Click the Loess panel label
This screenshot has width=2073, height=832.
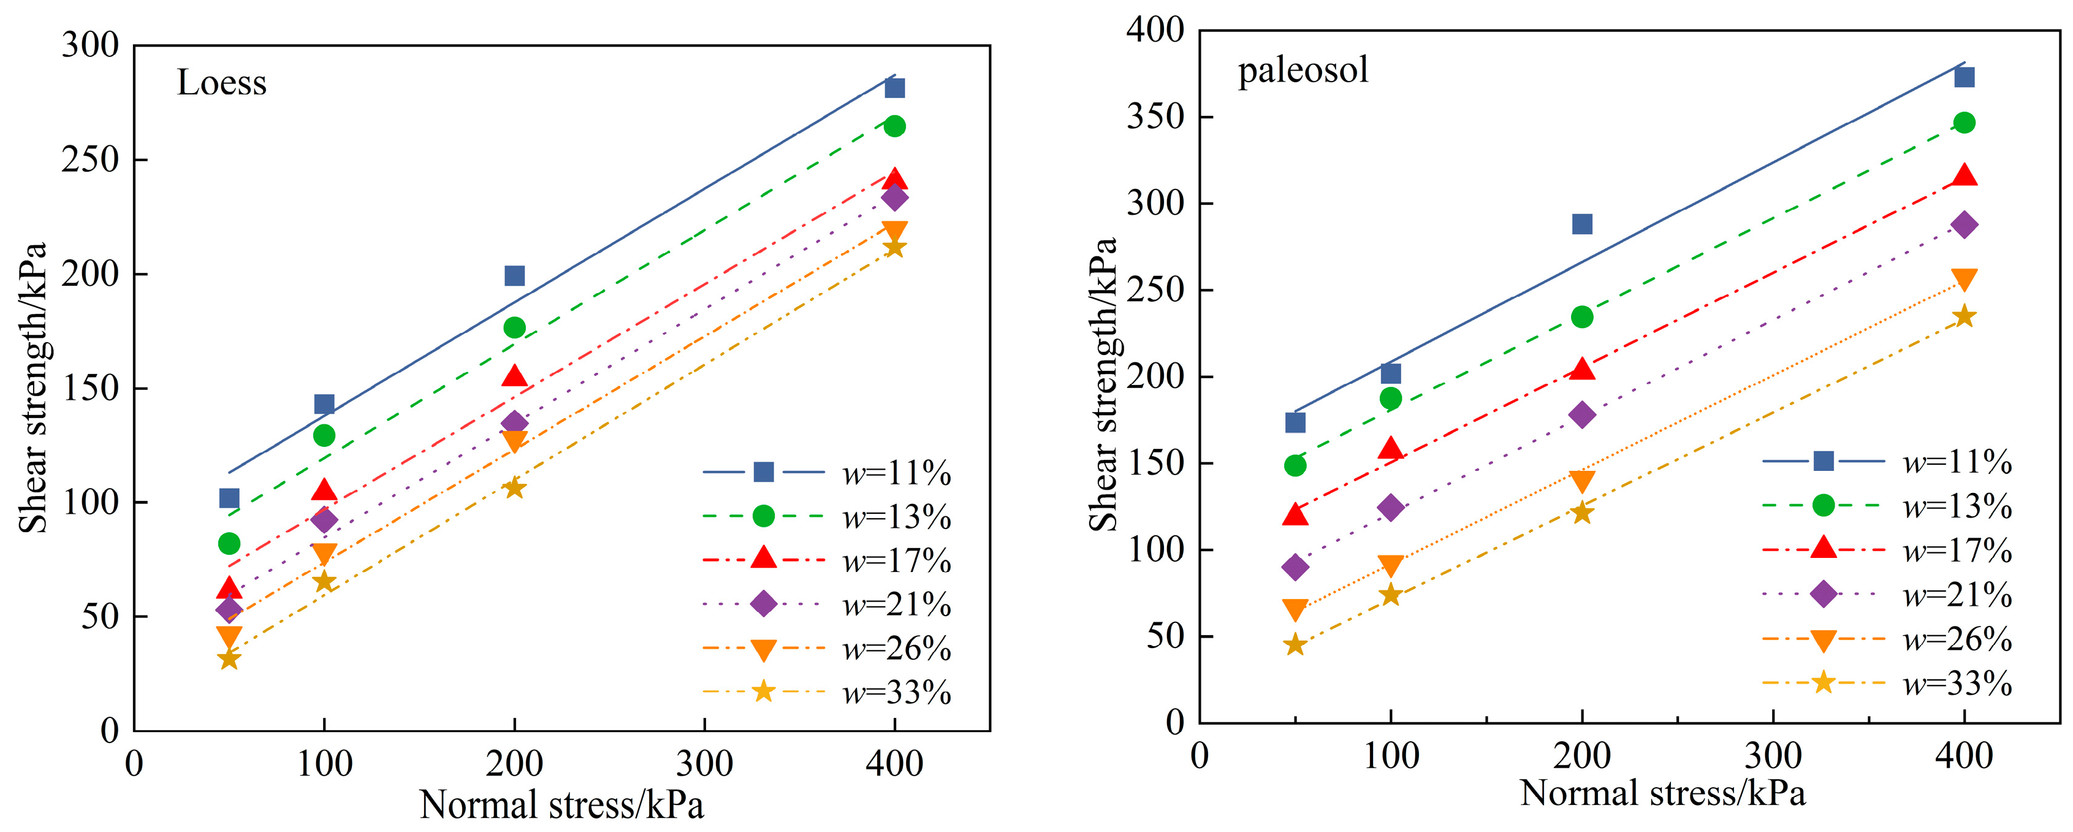221,83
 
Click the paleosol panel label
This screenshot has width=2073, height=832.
1303,70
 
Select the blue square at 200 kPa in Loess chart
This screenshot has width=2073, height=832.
514,276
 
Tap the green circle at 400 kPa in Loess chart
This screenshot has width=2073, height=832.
894,126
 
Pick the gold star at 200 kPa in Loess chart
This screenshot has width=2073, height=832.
514,487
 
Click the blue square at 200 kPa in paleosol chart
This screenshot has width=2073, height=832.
1582,224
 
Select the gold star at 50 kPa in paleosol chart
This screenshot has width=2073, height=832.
1295,644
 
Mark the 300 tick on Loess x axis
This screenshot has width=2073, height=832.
704,763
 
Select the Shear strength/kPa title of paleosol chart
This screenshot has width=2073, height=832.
1103,384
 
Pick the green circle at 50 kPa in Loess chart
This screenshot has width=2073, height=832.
229,544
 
